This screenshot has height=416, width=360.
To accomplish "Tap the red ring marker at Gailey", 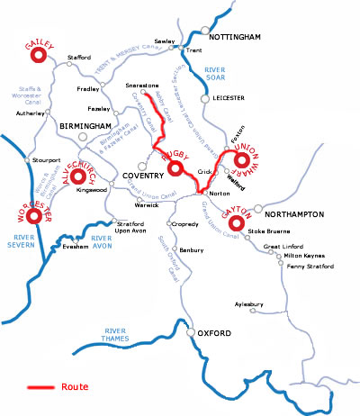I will pyautogui.click(x=39, y=55).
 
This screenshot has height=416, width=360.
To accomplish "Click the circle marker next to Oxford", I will pyautogui.click(x=191, y=332).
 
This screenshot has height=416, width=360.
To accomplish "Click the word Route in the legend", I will pyautogui.click(x=75, y=387).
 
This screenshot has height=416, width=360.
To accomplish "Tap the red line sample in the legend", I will pyautogui.click(x=40, y=387).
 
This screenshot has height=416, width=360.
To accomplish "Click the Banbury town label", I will pyautogui.click(x=192, y=249).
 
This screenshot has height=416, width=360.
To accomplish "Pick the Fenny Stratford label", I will pyautogui.click(x=307, y=267).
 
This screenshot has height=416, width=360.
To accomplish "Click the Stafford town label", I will pyautogui.click(x=80, y=58).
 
